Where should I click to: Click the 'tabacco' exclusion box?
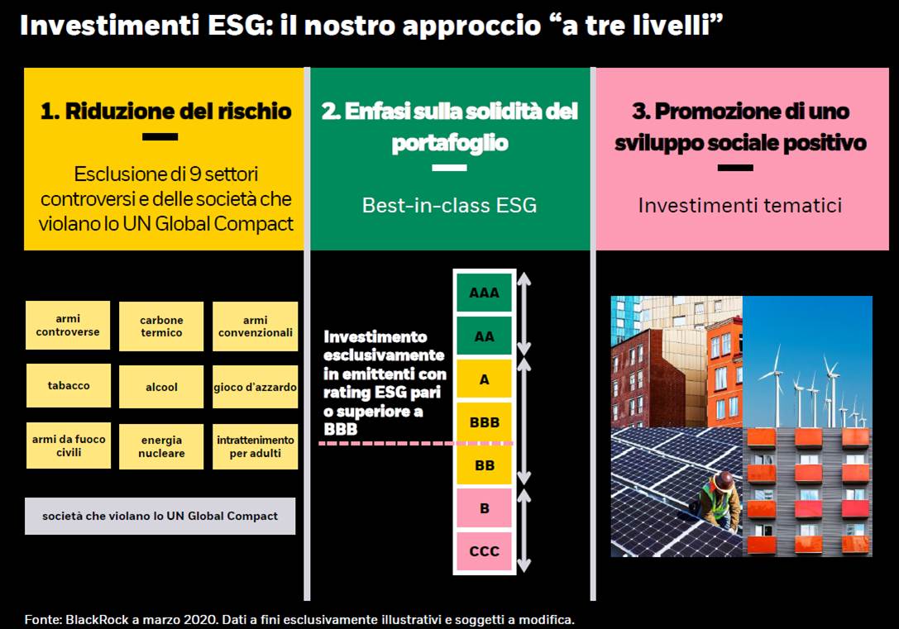(68, 385)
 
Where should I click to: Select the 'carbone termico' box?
(161, 326)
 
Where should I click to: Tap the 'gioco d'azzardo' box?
(255, 387)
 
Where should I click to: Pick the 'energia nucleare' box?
(161, 447)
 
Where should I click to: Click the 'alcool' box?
(161, 387)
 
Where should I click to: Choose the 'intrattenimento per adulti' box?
(255, 447)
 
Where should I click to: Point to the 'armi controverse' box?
(68, 325)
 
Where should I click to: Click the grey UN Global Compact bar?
(160, 516)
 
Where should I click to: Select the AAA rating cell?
(485, 293)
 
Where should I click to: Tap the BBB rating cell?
(485, 422)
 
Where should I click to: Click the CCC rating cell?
(485, 551)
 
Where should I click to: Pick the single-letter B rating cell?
(485, 508)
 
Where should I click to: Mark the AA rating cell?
(485, 336)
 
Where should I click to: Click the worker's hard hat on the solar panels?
(724, 480)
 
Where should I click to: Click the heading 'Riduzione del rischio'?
(179, 111)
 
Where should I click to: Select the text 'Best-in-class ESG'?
(450, 205)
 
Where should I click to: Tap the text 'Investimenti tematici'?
(740, 205)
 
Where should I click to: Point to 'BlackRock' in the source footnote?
(97, 619)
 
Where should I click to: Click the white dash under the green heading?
(450, 168)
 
